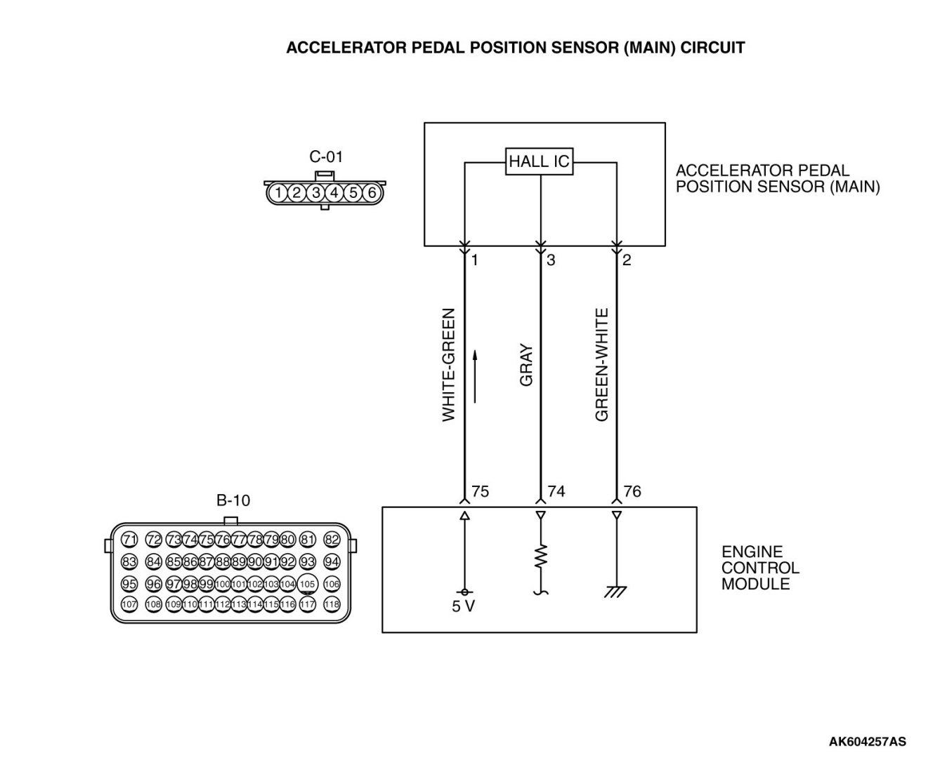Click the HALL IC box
(540, 162)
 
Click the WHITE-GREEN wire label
(449, 365)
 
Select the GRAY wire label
(526, 365)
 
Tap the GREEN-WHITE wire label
(602, 365)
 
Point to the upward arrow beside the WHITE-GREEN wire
(476, 377)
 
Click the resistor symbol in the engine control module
(540, 558)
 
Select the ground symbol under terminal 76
(616, 592)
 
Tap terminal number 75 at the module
(481, 491)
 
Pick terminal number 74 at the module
(556, 491)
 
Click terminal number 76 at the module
(632, 491)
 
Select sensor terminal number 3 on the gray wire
(551, 260)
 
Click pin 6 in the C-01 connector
(372, 192)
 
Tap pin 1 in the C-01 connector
(279, 192)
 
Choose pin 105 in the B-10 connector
(307, 584)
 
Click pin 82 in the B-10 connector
(332, 540)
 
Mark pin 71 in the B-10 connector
(129, 540)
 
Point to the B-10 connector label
(233, 500)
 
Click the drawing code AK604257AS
(867, 741)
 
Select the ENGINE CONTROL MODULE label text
(760, 568)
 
